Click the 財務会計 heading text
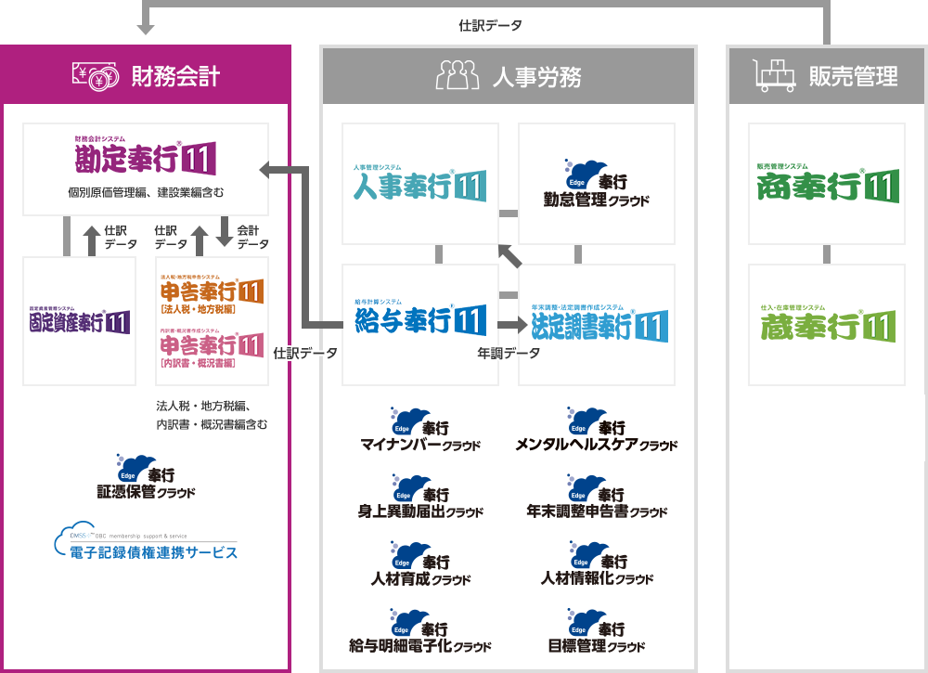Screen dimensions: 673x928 point(175,76)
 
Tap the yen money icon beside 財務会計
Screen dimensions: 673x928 point(96,76)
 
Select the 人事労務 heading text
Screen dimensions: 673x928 point(537,76)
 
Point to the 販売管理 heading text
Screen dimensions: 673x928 point(853,76)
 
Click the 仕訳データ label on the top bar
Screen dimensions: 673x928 point(490,26)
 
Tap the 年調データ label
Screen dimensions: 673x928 point(509,354)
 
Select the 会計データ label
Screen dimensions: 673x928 point(253,237)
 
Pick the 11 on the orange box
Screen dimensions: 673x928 point(251,292)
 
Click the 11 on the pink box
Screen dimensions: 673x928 point(251,346)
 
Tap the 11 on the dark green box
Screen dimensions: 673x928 point(880,187)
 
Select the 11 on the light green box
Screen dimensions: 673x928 point(879,327)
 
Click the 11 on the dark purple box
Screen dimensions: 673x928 point(117,323)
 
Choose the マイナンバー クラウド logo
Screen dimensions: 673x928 point(420,429)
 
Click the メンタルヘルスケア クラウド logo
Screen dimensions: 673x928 point(596,429)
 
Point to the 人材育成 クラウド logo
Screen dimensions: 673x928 point(420,563)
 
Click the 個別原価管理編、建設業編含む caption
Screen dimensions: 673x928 point(146,193)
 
